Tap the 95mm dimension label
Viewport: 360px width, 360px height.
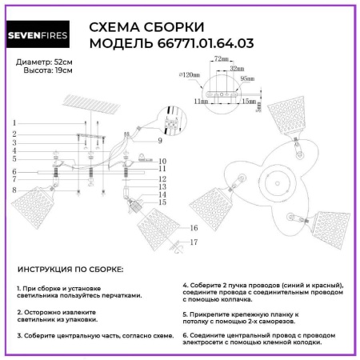(x=246, y=79)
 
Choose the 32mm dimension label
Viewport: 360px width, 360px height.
(x=236, y=69)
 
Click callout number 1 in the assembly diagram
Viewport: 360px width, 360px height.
(x=14, y=122)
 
